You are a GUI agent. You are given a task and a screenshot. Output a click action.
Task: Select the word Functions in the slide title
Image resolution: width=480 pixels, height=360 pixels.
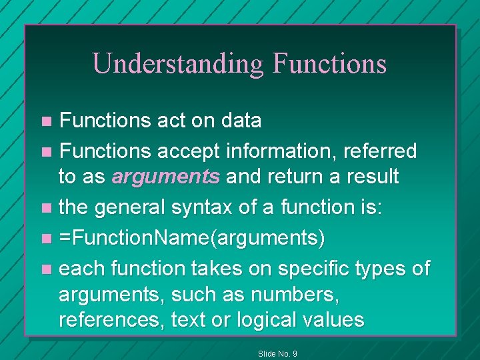329,63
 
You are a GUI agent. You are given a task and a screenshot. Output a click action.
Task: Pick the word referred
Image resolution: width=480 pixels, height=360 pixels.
379,151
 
